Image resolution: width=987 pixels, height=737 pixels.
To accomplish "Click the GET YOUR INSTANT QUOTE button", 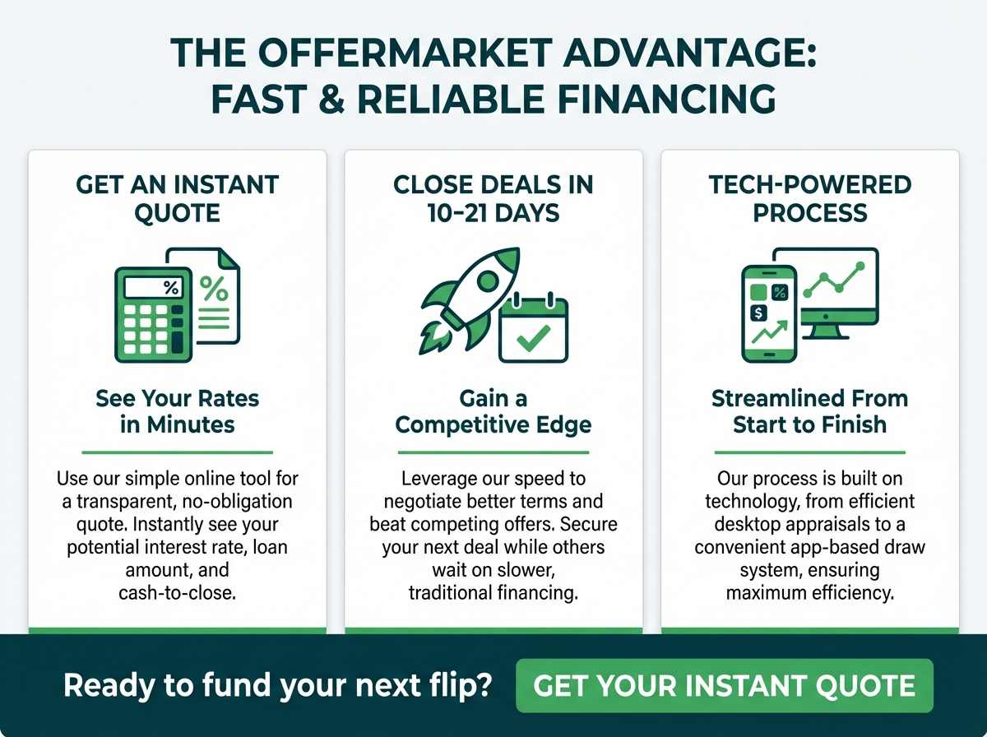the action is coord(725,685).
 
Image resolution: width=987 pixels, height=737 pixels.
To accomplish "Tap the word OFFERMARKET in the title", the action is coord(405,53).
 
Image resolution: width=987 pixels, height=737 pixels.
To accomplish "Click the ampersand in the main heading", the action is coord(331,99).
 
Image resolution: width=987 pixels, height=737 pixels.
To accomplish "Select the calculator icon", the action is coord(154,315).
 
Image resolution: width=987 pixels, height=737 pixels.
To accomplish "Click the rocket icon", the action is coord(470,300).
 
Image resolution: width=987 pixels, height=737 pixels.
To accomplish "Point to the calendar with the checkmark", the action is coord(534,328).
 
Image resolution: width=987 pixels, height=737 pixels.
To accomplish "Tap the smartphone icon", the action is coord(769,314).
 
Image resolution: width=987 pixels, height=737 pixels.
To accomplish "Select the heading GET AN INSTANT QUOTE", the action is coord(177,198).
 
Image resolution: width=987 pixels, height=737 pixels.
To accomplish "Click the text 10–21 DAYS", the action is coord(493,213).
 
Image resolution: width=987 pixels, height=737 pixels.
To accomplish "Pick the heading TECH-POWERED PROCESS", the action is coord(810,198).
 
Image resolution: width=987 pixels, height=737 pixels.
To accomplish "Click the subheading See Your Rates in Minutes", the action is coord(177,411).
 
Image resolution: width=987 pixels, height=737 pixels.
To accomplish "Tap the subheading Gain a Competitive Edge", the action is coord(493,411).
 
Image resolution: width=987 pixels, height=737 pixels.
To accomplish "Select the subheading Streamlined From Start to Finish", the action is coord(810,411).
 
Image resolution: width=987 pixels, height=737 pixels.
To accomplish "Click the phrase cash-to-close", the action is coord(177,593).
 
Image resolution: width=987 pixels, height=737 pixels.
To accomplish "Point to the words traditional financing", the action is coord(493,593).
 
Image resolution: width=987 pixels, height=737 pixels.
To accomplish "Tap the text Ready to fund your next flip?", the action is coord(278,685).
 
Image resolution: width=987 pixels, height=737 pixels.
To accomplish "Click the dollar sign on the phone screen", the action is coord(758,313).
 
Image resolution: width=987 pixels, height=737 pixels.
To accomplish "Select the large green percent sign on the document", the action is coord(214,288).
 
